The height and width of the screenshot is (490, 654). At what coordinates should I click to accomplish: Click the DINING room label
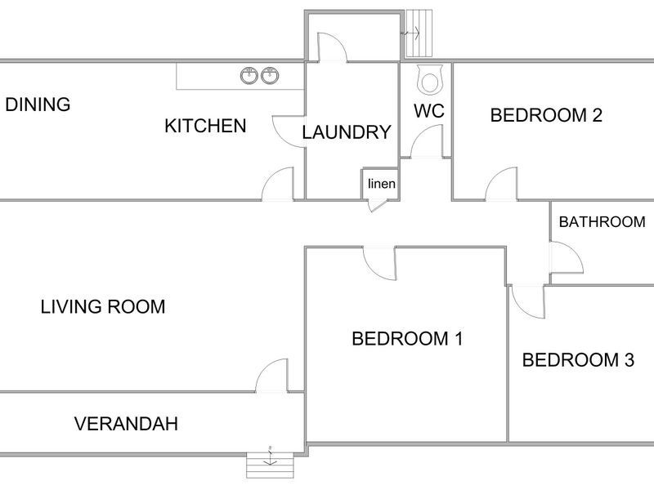click(x=38, y=105)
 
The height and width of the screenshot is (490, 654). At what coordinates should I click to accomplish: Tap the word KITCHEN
click(x=205, y=126)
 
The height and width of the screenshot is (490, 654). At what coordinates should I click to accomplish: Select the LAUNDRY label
click(x=347, y=132)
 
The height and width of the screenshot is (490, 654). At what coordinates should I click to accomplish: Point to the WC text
click(x=429, y=111)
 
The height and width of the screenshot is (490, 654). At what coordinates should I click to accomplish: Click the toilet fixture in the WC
click(x=429, y=78)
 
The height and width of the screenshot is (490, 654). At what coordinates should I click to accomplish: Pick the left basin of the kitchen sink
click(x=249, y=75)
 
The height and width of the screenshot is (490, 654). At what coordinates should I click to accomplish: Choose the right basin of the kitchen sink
click(x=271, y=75)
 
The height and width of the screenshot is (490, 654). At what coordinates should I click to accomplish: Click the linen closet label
click(x=382, y=184)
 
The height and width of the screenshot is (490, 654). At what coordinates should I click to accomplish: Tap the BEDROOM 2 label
click(x=546, y=115)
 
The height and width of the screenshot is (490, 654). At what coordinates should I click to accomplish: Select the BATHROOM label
click(x=602, y=222)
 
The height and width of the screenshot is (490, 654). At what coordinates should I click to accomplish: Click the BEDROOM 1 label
click(x=407, y=338)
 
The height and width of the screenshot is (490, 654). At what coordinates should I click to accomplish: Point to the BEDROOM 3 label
click(x=578, y=360)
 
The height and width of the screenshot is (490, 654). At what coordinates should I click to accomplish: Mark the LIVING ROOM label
click(x=103, y=307)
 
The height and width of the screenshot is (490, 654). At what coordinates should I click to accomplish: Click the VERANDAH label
click(x=127, y=424)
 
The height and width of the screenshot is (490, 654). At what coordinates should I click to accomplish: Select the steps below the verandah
click(x=270, y=465)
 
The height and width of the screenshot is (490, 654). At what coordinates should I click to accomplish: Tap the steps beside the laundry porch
click(x=419, y=33)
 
